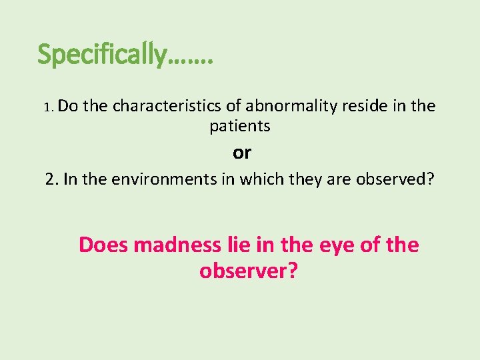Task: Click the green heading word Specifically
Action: [101, 55]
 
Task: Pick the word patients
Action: [240, 125]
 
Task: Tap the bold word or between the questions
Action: [242, 153]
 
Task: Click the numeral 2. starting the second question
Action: [53, 180]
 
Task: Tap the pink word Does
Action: [103, 245]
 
